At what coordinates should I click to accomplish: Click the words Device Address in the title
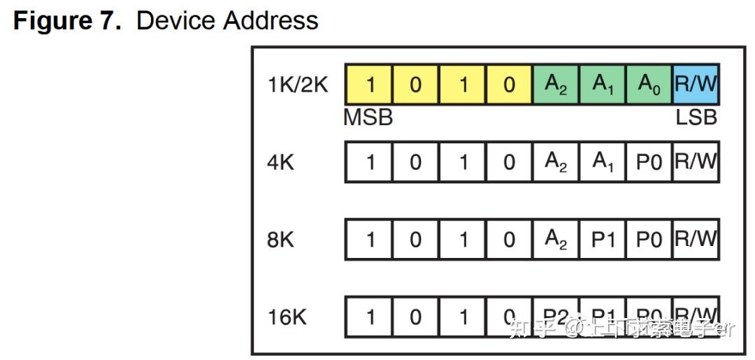pyautogui.click(x=227, y=20)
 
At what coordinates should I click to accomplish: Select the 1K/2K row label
pyautogui.click(x=298, y=85)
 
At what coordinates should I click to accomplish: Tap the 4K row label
pyautogui.click(x=280, y=162)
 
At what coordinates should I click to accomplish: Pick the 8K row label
pyautogui.click(x=280, y=240)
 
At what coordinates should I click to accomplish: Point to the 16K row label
pyautogui.click(x=287, y=317)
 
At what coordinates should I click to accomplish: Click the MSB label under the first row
pyautogui.click(x=368, y=118)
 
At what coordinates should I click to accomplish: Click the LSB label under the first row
pyautogui.click(x=696, y=118)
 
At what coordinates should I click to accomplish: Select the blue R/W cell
pyautogui.click(x=696, y=85)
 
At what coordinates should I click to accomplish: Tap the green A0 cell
pyautogui.click(x=649, y=85)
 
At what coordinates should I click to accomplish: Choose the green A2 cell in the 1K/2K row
pyautogui.click(x=556, y=85)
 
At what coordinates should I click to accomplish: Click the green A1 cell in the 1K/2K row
pyautogui.click(x=603, y=85)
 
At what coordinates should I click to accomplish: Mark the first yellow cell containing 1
pyautogui.click(x=370, y=85)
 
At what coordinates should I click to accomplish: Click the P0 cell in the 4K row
pyautogui.click(x=649, y=162)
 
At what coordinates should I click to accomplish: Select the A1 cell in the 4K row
pyautogui.click(x=603, y=162)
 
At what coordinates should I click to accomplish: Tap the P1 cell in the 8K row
pyautogui.click(x=603, y=240)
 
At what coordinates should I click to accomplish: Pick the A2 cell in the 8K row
pyautogui.click(x=556, y=240)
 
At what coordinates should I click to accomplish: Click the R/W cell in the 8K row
pyautogui.click(x=696, y=240)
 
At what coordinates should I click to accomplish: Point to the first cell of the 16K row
pyautogui.click(x=370, y=317)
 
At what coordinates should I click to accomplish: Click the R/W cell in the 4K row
pyautogui.click(x=696, y=162)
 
